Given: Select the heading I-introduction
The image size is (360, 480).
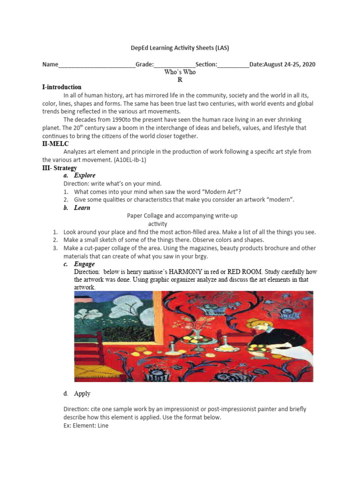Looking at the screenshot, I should tap(62, 87).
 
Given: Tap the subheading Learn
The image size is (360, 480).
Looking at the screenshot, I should tap(82, 208).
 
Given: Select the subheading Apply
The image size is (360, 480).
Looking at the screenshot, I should tap(82, 394).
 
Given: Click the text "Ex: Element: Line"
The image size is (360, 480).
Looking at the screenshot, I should tap(86, 426).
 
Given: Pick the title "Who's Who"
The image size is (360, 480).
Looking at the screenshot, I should tap(180, 72).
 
